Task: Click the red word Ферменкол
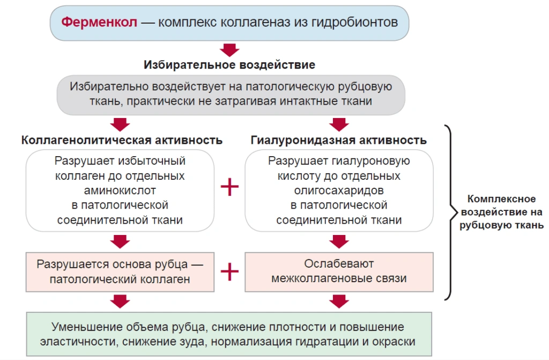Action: pos(99,22)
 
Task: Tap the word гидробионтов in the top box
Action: pos(355,23)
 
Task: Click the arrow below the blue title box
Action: pos(229,50)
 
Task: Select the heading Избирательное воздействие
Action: pos(229,65)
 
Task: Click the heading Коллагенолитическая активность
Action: pos(122,140)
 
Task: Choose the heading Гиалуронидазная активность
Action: pos(339,140)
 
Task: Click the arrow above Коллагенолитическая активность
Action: pos(120,124)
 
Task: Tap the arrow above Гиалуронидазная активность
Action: pos(339,124)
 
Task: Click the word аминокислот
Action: pos(120,190)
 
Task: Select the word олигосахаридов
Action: pos(339,190)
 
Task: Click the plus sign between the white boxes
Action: pos(229,187)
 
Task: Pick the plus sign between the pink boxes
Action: pos(229,271)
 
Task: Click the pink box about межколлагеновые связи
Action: pos(339,271)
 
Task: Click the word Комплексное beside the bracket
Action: pos(501,199)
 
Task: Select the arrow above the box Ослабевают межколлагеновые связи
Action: pos(339,241)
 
